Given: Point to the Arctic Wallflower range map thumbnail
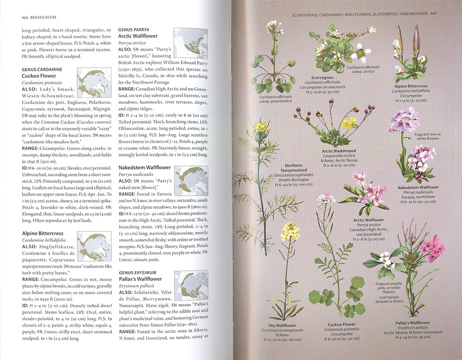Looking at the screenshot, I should pos(190,43).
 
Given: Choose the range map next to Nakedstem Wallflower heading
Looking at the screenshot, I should pos(190,180).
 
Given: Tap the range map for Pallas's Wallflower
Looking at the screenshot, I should pos(190,284).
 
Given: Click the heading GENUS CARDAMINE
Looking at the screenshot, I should pos(42,69).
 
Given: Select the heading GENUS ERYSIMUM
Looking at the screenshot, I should pos(138,272).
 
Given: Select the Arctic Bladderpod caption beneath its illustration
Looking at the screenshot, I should pos(339,150).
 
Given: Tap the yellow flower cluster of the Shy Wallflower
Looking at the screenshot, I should pos(290,231).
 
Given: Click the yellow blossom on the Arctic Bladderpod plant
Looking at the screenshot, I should pos(349,122).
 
